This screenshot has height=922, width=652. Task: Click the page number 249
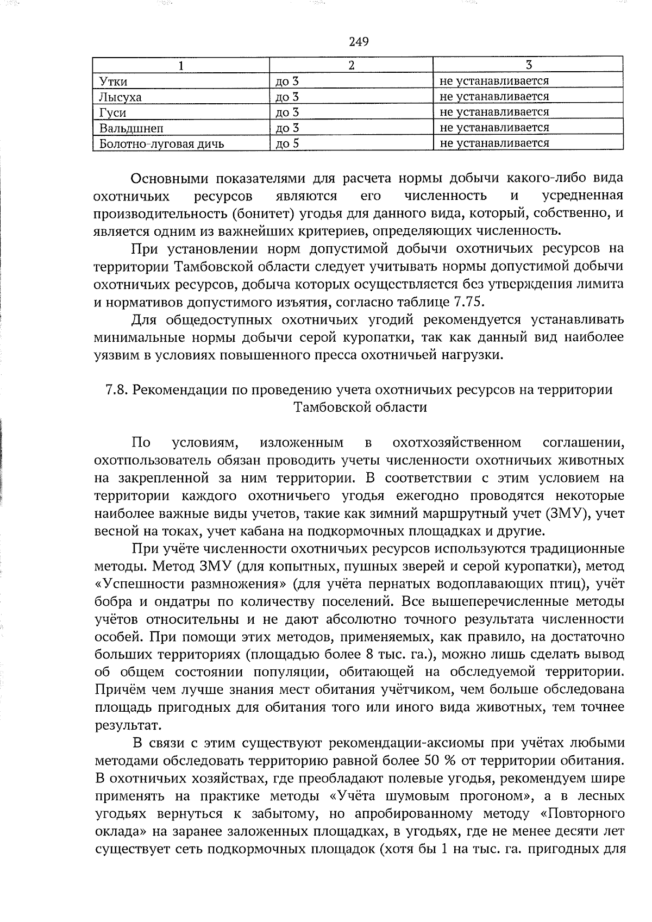(359, 42)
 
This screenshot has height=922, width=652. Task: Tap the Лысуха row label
(120, 97)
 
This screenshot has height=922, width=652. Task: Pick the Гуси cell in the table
(112, 112)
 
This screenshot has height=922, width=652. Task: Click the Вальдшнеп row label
(131, 128)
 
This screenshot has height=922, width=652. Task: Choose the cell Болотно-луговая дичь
(161, 143)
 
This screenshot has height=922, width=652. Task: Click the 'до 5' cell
(288, 143)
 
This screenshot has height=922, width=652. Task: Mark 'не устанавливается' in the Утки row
(494, 81)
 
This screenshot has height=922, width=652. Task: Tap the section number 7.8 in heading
(117, 390)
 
